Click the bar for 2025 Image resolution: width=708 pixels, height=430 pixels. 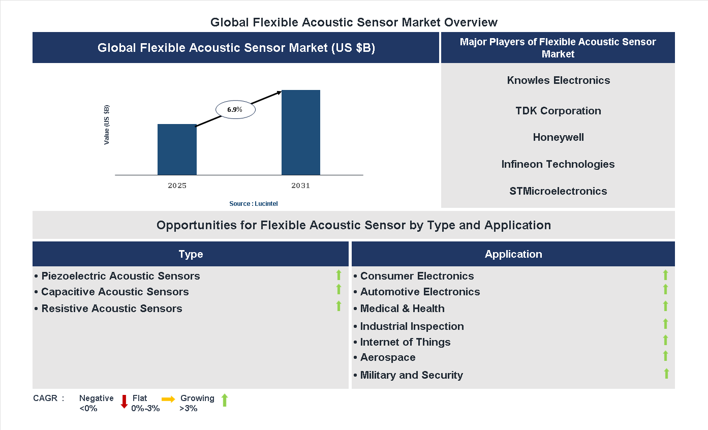tap(177, 149)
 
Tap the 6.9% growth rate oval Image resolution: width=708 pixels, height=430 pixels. tap(235, 109)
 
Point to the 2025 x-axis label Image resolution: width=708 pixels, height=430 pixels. tap(177, 186)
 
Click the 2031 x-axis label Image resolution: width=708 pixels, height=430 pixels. tap(300, 186)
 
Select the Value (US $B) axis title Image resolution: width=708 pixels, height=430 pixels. tap(107, 125)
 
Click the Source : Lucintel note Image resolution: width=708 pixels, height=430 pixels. tap(253, 204)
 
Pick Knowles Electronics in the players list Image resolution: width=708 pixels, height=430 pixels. tap(558, 80)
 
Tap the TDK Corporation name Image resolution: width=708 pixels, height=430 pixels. tap(558, 111)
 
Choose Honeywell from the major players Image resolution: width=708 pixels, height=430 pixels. tap(558, 137)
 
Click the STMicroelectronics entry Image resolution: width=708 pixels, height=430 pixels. tap(558, 191)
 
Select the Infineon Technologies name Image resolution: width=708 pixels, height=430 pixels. tap(558, 164)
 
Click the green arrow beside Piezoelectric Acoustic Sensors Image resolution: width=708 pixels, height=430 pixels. tap(338, 275)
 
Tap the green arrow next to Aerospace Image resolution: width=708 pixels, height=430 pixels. tap(665, 356)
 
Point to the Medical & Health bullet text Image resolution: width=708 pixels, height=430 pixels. tap(402, 309)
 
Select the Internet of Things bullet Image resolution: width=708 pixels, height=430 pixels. tap(405, 342)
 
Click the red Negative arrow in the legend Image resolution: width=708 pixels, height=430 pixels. tap(124, 402)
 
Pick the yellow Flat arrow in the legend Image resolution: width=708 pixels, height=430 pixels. tap(168, 400)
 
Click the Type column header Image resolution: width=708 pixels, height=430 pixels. tap(191, 254)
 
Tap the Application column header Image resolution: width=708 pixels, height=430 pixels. tap(513, 254)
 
